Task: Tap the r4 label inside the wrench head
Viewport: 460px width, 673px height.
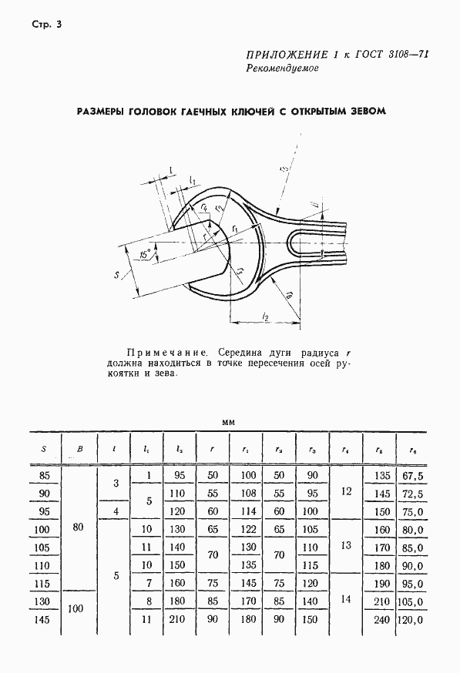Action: click(x=203, y=206)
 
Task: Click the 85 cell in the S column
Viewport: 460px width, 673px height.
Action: click(x=43, y=477)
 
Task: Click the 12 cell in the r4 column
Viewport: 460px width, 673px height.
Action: click(x=345, y=494)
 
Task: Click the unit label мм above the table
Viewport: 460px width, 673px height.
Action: click(x=229, y=422)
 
